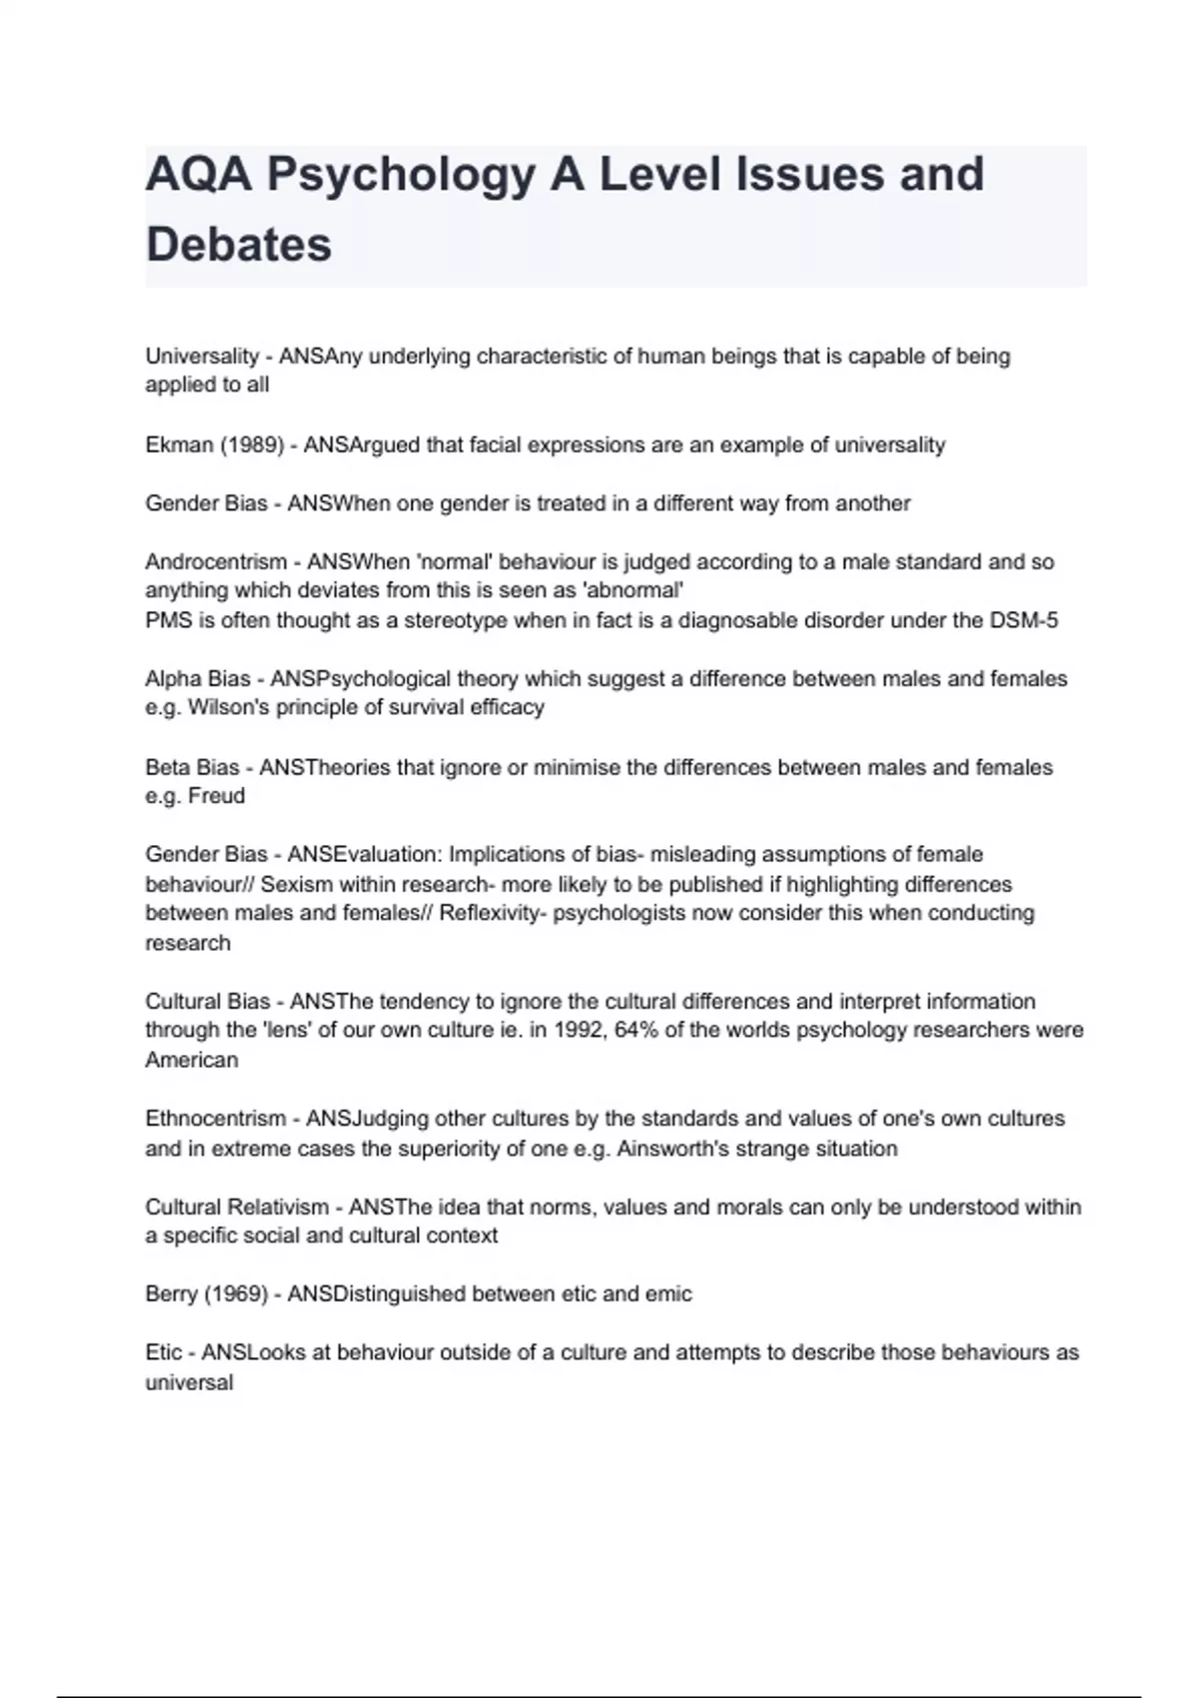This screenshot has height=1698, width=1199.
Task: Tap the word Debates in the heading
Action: pyautogui.click(x=238, y=245)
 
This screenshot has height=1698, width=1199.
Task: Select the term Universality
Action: pyautogui.click(x=202, y=357)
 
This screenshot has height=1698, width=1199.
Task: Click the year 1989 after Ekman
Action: pyautogui.click(x=252, y=445)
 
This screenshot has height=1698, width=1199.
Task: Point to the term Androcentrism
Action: pyautogui.click(x=216, y=562)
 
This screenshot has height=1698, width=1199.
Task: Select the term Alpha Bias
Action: pyautogui.click(x=198, y=679)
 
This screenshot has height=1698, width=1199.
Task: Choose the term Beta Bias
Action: pyautogui.click(x=192, y=768)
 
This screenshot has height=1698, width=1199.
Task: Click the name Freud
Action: pyautogui.click(x=217, y=796)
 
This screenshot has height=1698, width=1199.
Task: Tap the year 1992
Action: pyautogui.click(x=578, y=1030)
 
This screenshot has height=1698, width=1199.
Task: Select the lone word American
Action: pyautogui.click(x=192, y=1060)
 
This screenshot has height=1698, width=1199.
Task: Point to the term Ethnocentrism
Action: pyautogui.click(x=215, y=1119)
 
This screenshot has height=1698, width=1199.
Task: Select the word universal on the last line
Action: pyautogui.click(x=189, y=1383)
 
